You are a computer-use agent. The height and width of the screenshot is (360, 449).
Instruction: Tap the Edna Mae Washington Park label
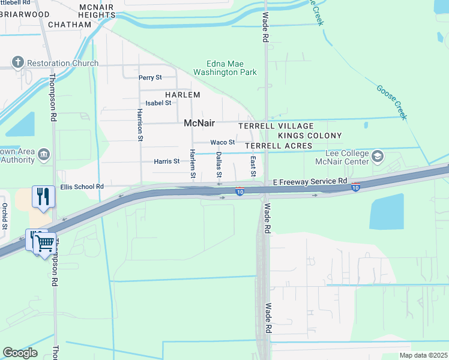[224, 67]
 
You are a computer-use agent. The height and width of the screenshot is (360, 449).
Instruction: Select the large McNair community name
[199, 123]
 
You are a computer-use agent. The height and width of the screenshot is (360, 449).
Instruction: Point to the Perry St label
[150, 77]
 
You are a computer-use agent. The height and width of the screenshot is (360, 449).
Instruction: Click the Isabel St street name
[159, 103]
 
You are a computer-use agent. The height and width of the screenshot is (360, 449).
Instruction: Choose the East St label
[253, 166]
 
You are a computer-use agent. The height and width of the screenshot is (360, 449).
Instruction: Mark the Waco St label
[222, 142]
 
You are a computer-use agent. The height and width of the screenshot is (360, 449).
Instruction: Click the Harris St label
[167, 161]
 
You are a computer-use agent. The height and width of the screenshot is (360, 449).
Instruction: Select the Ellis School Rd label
[82, 187]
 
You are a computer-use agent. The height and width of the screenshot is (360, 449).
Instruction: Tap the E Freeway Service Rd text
[310, 181]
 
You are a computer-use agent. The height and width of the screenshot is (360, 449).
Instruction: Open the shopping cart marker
[44, 243]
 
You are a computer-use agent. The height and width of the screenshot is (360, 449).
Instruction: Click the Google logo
[20, 352]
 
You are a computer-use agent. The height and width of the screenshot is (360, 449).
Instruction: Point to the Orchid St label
[5, 216]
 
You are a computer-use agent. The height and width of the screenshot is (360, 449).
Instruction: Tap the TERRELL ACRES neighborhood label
[278, 146]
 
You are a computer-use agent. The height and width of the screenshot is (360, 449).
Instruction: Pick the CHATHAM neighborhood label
[69, 25]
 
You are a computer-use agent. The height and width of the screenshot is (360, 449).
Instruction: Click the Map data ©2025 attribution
[423, 355]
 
